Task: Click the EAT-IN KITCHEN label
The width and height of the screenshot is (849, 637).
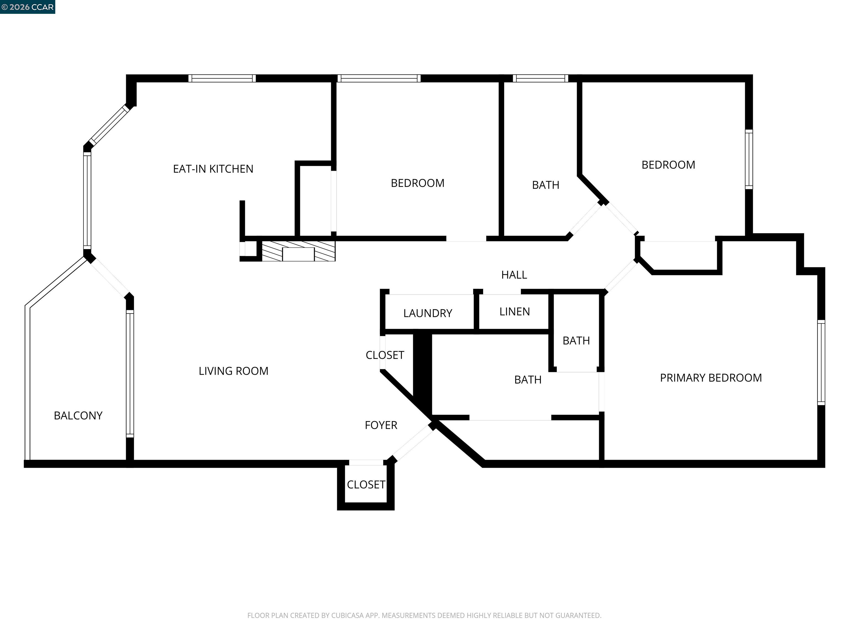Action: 213,169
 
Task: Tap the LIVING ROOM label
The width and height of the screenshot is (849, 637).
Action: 233,371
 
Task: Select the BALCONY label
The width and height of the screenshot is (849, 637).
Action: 78,416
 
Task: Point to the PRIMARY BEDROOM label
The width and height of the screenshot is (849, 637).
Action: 711,378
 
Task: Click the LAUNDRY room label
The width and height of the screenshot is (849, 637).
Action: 428,313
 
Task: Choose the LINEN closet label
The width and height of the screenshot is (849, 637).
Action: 514,312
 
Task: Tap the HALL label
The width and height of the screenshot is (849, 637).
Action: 514,275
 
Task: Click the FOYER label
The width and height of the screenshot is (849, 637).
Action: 381,425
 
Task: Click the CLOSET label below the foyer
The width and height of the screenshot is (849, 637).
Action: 366,485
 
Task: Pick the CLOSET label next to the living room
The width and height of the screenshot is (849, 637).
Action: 385,355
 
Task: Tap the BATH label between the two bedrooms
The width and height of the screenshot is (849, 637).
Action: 545,185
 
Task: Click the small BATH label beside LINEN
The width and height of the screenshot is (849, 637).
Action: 576,341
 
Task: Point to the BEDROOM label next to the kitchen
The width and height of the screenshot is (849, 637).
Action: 417,183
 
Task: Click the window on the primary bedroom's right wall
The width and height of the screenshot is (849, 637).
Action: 821,362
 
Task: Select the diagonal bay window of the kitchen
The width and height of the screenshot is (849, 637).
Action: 109,126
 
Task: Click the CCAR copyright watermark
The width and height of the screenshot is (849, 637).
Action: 27,7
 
